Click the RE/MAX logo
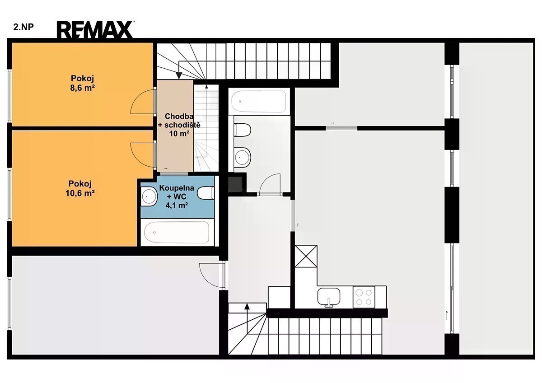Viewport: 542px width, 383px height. coord(95,30)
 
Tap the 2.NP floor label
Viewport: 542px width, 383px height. coord(23,27)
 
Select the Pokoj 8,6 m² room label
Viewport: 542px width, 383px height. coord(82,83)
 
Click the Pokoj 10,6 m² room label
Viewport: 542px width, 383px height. coord(80,188)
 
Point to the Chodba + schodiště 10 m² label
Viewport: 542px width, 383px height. coord(179,125)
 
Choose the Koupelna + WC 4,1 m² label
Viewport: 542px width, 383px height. coord(177,196)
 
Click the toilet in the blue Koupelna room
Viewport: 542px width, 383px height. coord(206,193)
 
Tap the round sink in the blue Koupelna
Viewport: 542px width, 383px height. coord(148,197)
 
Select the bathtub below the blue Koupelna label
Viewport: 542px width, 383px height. coord(177,232)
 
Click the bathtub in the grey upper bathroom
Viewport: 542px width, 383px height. coord(259,101)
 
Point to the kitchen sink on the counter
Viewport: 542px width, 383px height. coord(329,297)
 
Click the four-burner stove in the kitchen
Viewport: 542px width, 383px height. coord(364,297)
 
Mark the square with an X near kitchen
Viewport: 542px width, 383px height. coord(306,256)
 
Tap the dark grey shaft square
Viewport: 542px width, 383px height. coord(235,184)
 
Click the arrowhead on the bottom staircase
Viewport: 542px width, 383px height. coord(247,306)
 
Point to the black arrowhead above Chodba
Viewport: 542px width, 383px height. coord(179,75)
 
